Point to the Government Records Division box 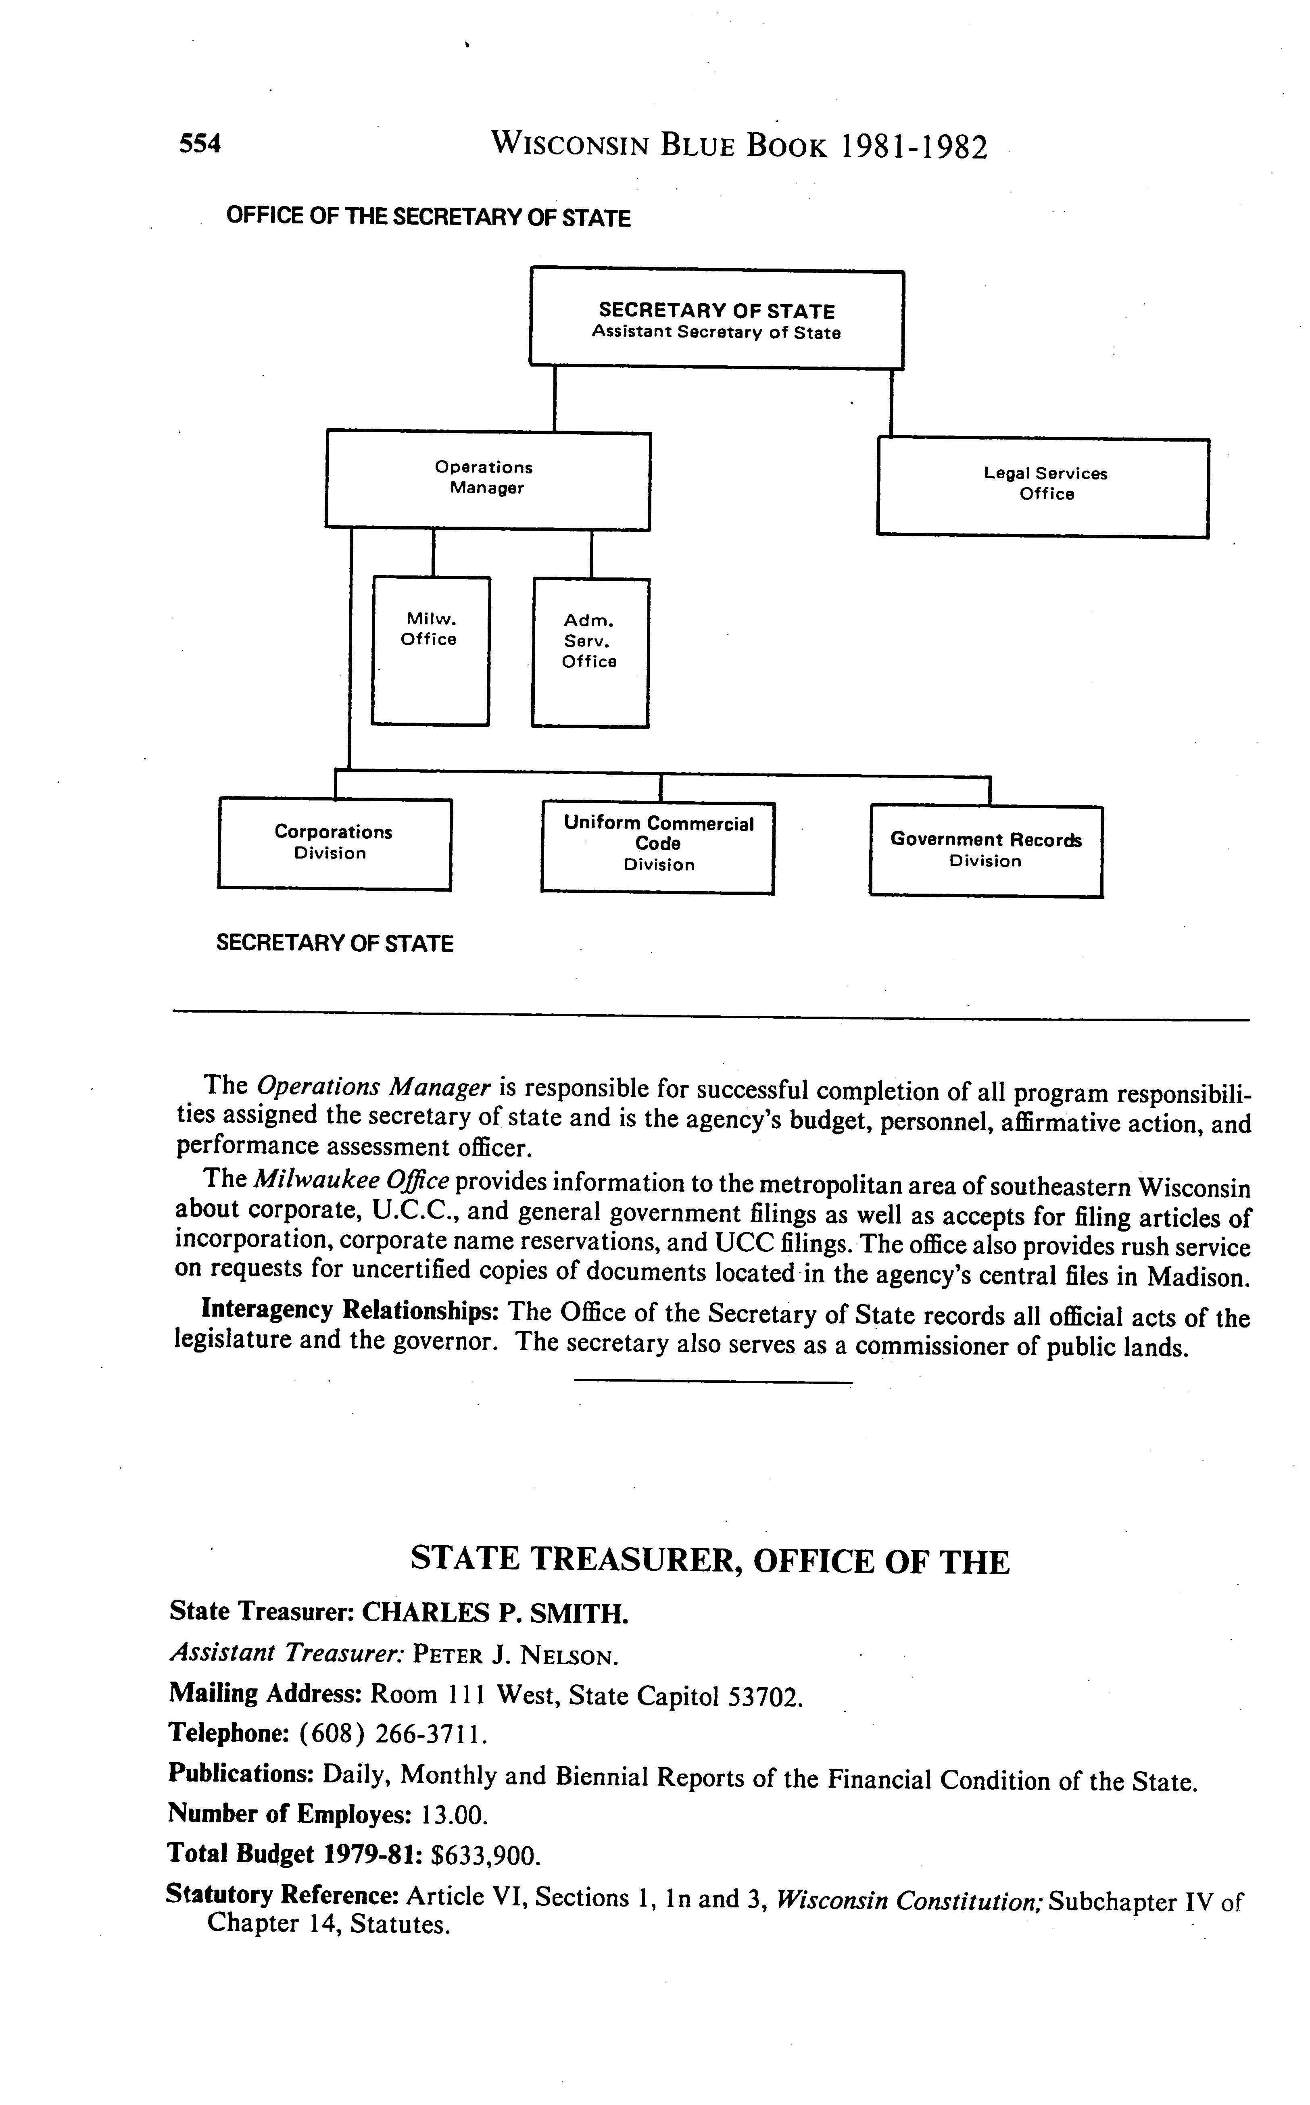click(x=986, y=850)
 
